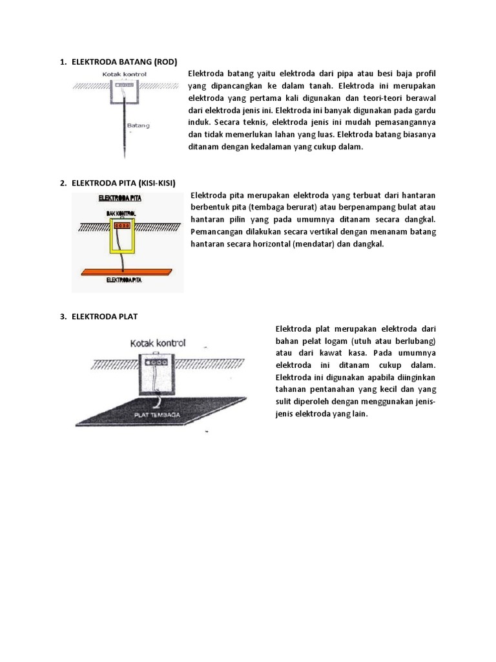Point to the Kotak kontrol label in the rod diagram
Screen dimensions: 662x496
coord(125,74)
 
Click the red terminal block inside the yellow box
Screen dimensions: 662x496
coord(123,226)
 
